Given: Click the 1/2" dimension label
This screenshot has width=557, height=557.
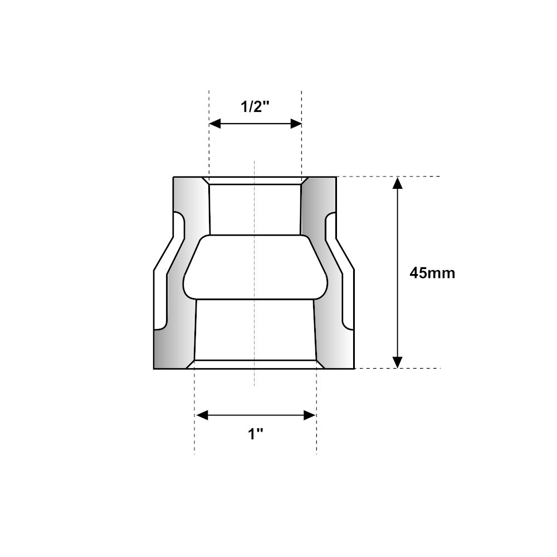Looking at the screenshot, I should [255, 106].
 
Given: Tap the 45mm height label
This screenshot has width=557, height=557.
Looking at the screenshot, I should [432, 273].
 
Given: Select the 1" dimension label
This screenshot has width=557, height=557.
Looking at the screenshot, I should [256, 434].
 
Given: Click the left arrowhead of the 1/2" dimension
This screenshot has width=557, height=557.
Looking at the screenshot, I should [214, 124].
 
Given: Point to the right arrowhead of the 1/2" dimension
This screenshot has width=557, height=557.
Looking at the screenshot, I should [296, 124].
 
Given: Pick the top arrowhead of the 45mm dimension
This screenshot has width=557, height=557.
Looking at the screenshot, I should [397, 183].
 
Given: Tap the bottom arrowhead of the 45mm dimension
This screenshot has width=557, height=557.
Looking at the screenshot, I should [397, 363].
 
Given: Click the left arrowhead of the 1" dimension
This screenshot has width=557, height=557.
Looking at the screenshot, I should [202, 415].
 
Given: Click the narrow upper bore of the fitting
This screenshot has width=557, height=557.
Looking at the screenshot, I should [255, 209].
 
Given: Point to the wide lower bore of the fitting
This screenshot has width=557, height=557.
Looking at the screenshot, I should [255, 330].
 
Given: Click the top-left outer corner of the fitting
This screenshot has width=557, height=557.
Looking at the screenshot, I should [173, 177].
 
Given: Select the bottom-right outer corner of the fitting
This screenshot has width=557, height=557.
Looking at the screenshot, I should [354, 369].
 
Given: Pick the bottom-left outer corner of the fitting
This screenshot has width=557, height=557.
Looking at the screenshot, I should [154, 369].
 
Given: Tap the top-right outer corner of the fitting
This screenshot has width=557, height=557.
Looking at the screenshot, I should [336, 177].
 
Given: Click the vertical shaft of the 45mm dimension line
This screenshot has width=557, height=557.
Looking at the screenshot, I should [397, 234].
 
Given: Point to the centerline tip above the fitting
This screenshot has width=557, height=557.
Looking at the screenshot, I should [255, 162].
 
